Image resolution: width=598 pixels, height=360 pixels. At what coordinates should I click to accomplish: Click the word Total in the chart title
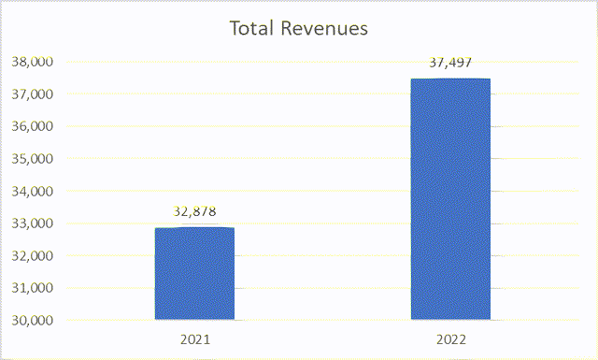click(251, 29)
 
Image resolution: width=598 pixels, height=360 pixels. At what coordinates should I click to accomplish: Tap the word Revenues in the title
click(323, 29)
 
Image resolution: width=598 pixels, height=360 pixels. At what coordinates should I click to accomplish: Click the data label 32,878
click(194, 211)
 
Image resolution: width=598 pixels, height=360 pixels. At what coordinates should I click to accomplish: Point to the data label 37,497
click(450, 63)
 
